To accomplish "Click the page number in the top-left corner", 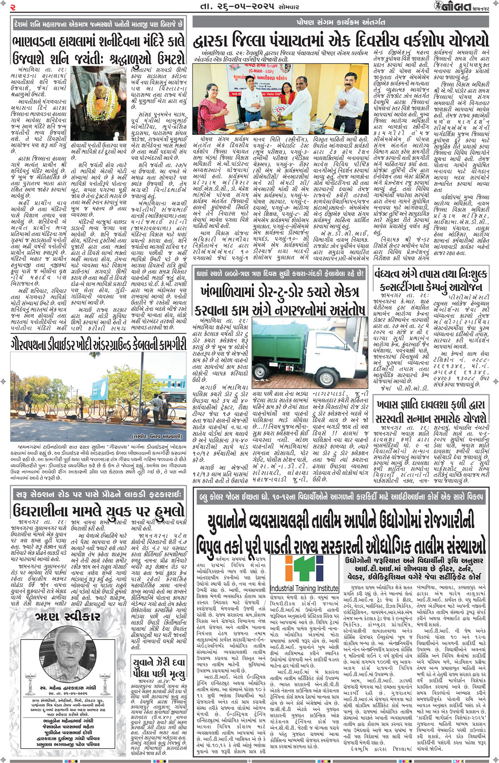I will [13, 7].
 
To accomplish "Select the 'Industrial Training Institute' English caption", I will [304, 588].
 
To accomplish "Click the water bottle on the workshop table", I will [343, 127].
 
